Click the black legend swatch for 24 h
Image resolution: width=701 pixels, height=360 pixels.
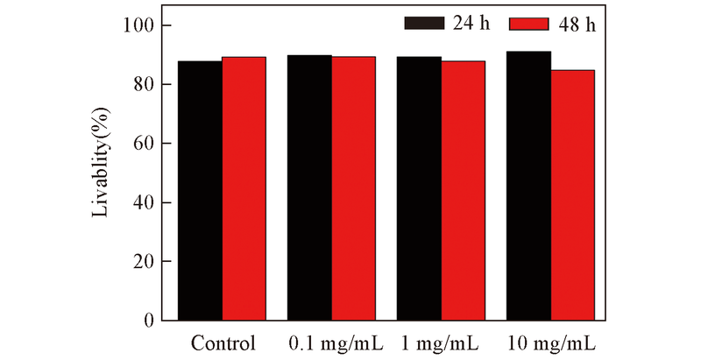click(425, 24)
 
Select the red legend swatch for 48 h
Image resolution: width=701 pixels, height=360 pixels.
click(528, 24)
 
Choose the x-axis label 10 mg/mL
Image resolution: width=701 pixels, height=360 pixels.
click(556, 342)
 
